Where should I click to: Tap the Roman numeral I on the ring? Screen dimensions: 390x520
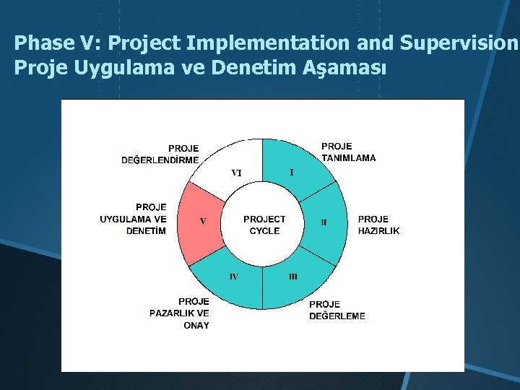(x=291, y=172)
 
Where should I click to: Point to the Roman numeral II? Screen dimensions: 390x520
(x=324, y=222)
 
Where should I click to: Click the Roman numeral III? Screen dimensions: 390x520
(x=293, y=276)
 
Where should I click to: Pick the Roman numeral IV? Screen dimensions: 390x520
(x=233, y=276)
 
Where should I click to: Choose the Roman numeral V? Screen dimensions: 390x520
(x=203, y=221)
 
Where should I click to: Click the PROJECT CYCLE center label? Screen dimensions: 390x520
(x=264, y=225)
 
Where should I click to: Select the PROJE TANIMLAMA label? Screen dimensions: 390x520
(x=348, y=152)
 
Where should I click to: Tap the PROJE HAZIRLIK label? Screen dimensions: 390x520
(x=378, y=225)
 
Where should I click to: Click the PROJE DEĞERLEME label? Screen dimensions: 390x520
(x=337, y=310)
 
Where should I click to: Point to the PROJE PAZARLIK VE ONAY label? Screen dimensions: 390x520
(x=181, y=313)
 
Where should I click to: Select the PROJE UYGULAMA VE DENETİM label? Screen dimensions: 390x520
(x=134, y=219)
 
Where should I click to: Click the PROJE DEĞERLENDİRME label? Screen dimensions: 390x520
(x=160, y=155)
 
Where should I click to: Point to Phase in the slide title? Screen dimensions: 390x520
(x=40, y=43)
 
